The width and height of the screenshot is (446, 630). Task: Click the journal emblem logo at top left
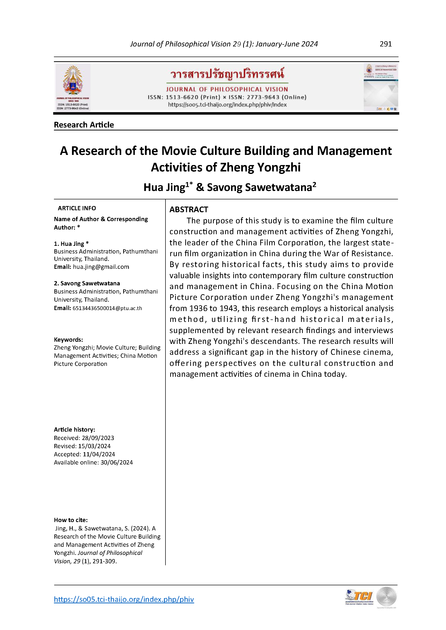point(72,87)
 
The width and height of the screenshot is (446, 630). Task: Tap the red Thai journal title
point(227,74)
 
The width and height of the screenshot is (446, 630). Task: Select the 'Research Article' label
point(84,125)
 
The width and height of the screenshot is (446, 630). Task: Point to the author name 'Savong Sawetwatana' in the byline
point(259,188)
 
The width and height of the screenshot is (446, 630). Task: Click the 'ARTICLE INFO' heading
point(77,208)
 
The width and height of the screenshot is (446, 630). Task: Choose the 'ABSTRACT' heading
point(188,210)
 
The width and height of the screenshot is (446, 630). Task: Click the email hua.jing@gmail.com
point(101,267)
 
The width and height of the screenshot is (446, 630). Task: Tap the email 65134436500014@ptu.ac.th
point(107,308)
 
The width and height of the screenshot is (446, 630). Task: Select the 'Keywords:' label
point(68,339)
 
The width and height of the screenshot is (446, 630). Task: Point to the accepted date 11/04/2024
point(99,454)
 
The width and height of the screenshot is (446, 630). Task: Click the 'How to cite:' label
point(71,520)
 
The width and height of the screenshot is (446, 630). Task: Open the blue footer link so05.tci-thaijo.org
point(124,599)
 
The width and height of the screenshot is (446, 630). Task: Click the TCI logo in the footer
point(359,597)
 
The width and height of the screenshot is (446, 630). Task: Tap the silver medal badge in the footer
point(386,597)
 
